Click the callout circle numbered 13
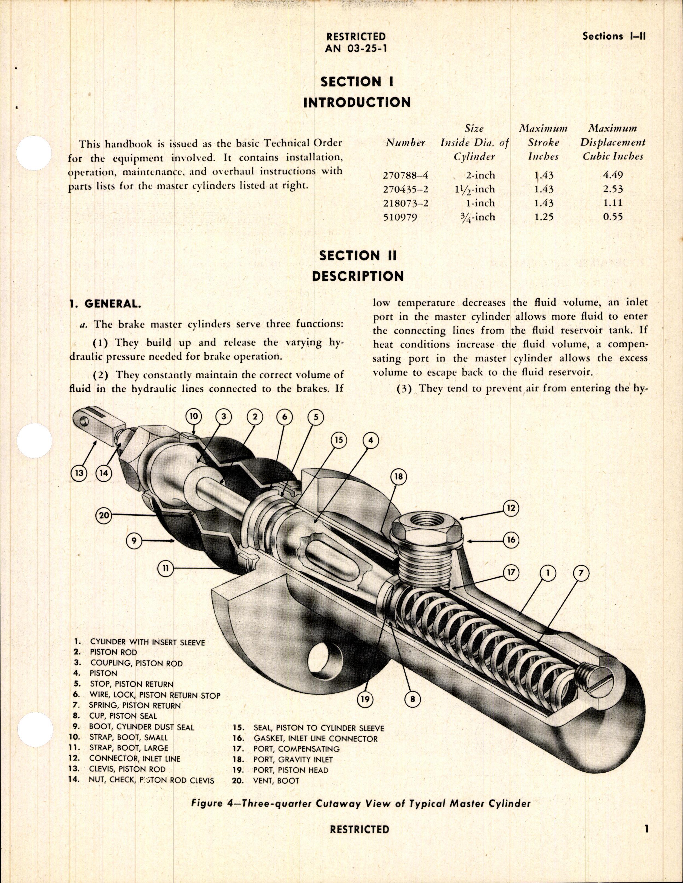pos(79,473)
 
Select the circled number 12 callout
pos(511,507)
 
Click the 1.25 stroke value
pos(544,217)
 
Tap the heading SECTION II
pos(358,255)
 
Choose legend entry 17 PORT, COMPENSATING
pos(296,749)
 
